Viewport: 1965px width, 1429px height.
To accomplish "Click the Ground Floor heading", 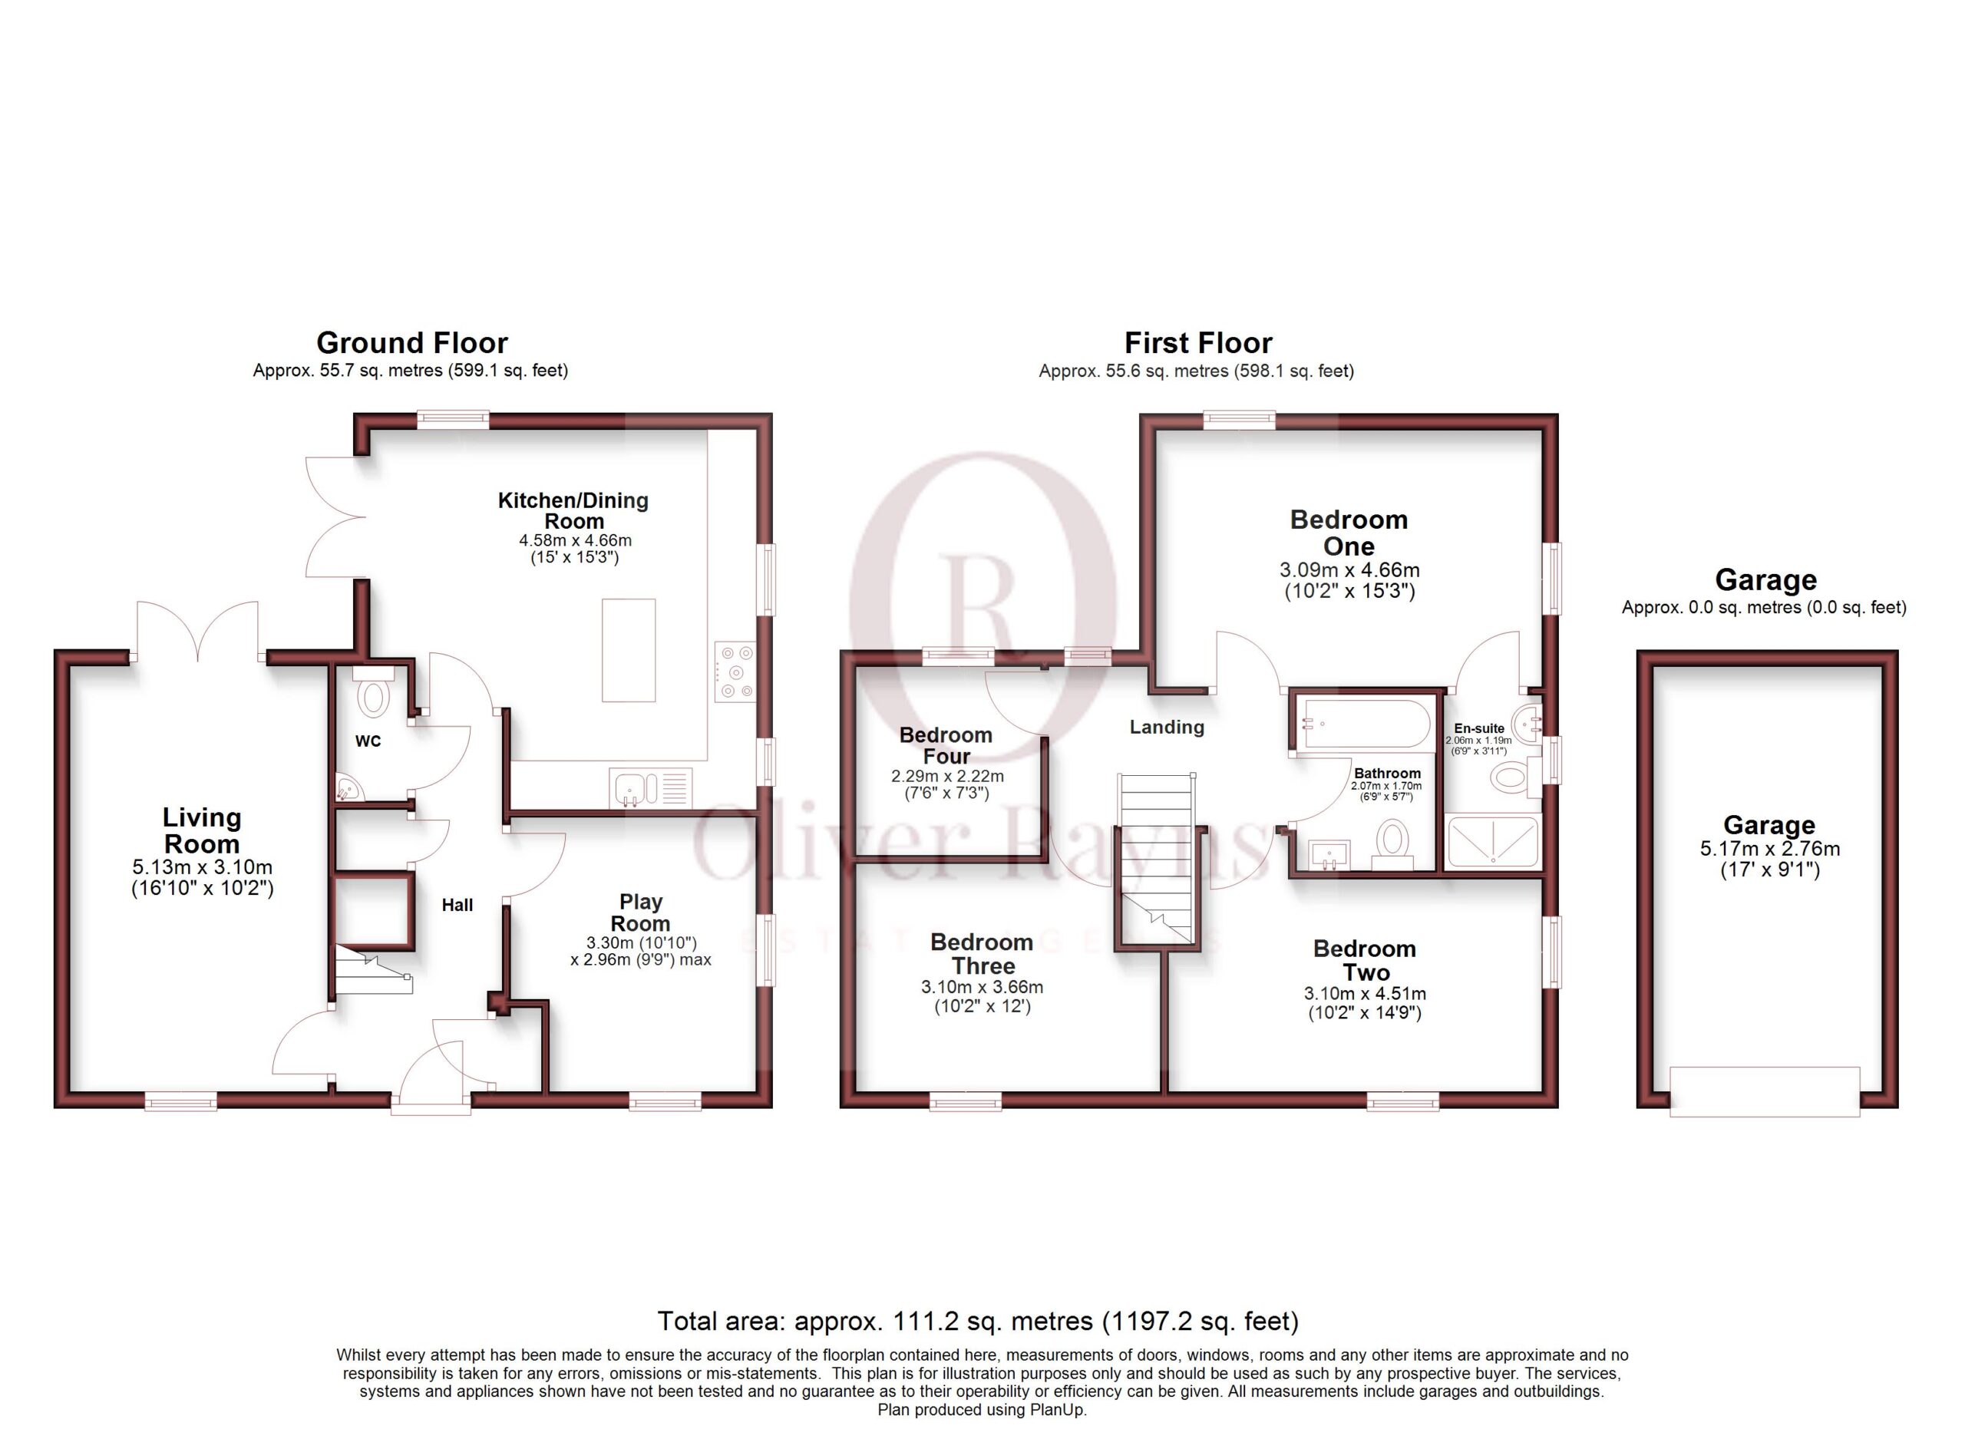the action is (411, 343).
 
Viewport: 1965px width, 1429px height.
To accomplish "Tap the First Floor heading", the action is (1198, 343).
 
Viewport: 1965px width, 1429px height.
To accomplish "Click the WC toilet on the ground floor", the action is (373, 692).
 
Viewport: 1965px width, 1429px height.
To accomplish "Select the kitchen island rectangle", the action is (628, 649).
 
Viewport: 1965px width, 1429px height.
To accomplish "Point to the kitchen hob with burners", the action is (735, 672).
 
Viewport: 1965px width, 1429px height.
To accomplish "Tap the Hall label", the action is (457, 905).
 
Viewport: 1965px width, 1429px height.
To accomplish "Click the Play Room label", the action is (640, 912).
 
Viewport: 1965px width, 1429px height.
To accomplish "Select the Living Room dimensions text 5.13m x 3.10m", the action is (203, 867).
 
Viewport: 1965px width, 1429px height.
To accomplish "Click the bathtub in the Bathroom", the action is (1366, 723).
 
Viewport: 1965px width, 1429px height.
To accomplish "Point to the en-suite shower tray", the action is (1493, 841).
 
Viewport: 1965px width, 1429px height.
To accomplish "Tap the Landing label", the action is (1166, 727).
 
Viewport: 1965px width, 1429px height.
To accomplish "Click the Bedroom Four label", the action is (946, 744).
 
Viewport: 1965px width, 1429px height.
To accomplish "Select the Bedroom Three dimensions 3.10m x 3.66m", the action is (982, 986).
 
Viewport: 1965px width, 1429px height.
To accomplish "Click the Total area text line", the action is (978, 1321).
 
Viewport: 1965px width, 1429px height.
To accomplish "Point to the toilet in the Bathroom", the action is (1392, 844).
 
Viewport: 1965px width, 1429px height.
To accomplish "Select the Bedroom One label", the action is (1349, 533).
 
